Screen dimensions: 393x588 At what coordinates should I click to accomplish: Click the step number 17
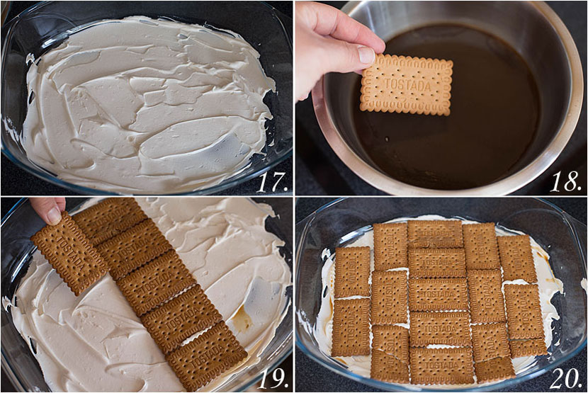[x=271, y=181]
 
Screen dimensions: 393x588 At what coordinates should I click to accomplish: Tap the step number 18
[x=566, y=181]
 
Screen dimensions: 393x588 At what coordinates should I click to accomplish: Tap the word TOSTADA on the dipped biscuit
[x=407, y=84]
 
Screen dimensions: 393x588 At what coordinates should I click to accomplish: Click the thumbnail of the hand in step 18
[x=366, y=55]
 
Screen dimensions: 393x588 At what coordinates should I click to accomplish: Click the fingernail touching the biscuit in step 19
[x=54, y=215]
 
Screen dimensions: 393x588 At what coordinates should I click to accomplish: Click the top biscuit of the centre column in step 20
[x=435, y=234]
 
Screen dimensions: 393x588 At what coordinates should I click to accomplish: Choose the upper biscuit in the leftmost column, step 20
[x=352, y=271]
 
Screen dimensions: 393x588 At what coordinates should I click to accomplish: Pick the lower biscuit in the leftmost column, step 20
[x=351, y=326]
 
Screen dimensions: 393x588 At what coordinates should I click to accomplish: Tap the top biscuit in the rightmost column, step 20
[x=516, y=258]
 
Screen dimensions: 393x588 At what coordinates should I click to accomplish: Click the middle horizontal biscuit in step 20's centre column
[x=438, y=294]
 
